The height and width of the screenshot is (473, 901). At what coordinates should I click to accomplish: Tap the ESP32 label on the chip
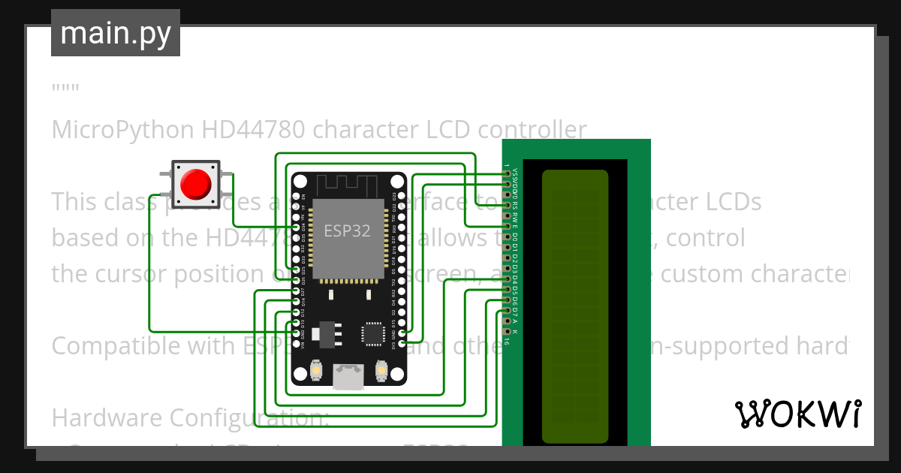347,230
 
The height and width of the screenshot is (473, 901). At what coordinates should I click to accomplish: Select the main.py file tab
116,33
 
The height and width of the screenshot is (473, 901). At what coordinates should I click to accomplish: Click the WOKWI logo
797,414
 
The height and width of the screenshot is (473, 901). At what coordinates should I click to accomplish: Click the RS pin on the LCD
508,204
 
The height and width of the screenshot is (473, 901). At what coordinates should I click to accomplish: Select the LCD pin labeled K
508,331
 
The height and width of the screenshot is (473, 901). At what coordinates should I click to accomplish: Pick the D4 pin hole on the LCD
508,279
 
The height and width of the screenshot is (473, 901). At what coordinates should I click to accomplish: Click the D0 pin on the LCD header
508,236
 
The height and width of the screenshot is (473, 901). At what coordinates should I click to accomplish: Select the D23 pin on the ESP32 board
402,195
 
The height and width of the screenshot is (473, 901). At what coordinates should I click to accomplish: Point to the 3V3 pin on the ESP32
402,342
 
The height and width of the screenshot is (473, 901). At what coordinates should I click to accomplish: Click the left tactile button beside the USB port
316,370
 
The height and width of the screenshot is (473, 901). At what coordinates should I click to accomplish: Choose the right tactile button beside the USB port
381,370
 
